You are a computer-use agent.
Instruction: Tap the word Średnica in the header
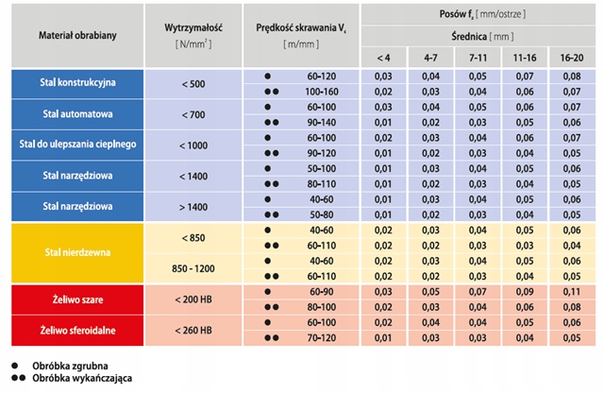coord(468,39)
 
